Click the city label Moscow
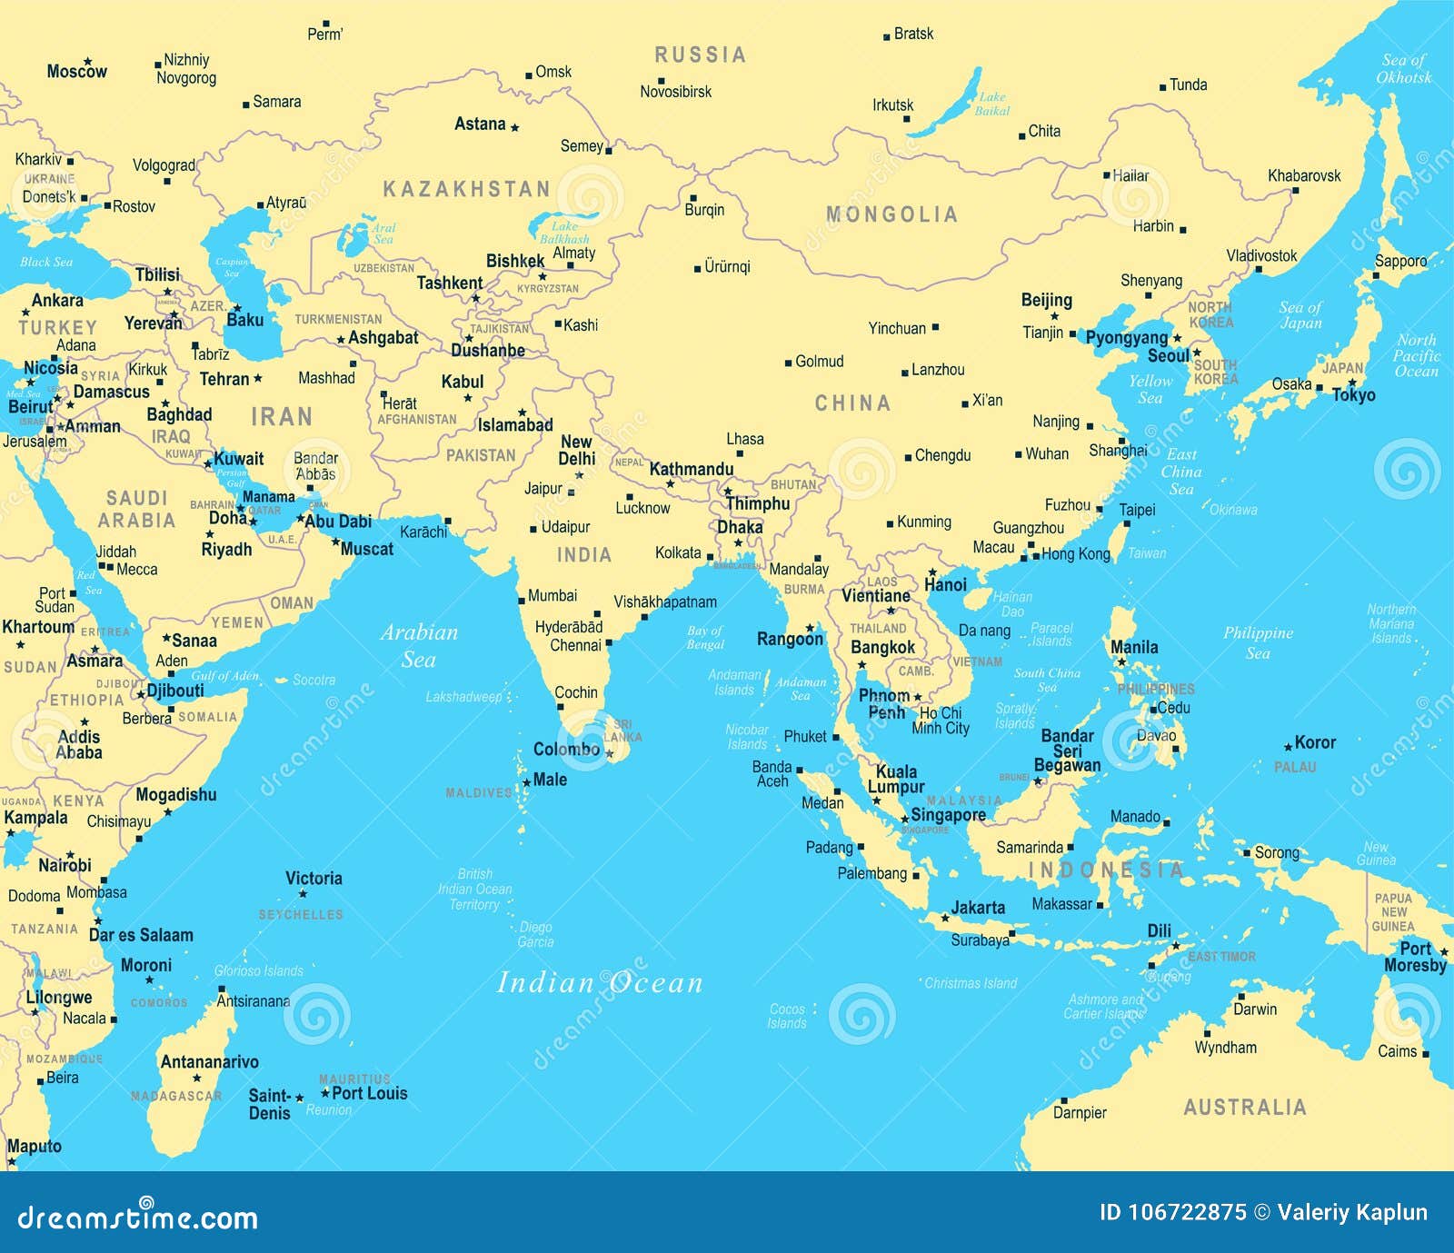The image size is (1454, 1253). [76, 71]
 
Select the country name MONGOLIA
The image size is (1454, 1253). [891, 214]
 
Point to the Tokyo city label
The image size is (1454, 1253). [1354, 395]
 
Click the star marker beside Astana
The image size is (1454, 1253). [514, 127]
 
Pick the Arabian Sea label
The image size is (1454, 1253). [419, 645]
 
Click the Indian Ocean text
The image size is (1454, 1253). [600, 982]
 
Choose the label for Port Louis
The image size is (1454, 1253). [369, 1093]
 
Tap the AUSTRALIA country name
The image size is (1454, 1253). [1244, 1107]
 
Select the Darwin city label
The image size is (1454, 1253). [1255, 1009]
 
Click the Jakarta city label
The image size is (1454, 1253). [978, 908]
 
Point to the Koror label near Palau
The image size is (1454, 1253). [1315, 742]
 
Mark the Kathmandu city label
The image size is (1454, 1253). [691, 469]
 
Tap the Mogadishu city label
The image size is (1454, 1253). [176, 794]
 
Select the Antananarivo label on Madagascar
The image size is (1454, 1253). [209, 1061]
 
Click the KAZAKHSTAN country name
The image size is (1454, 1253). [466, 189]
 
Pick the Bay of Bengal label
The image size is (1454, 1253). [705, 637]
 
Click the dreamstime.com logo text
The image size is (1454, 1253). [138, 1218]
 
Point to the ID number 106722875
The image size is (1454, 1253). [1172, 1212]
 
